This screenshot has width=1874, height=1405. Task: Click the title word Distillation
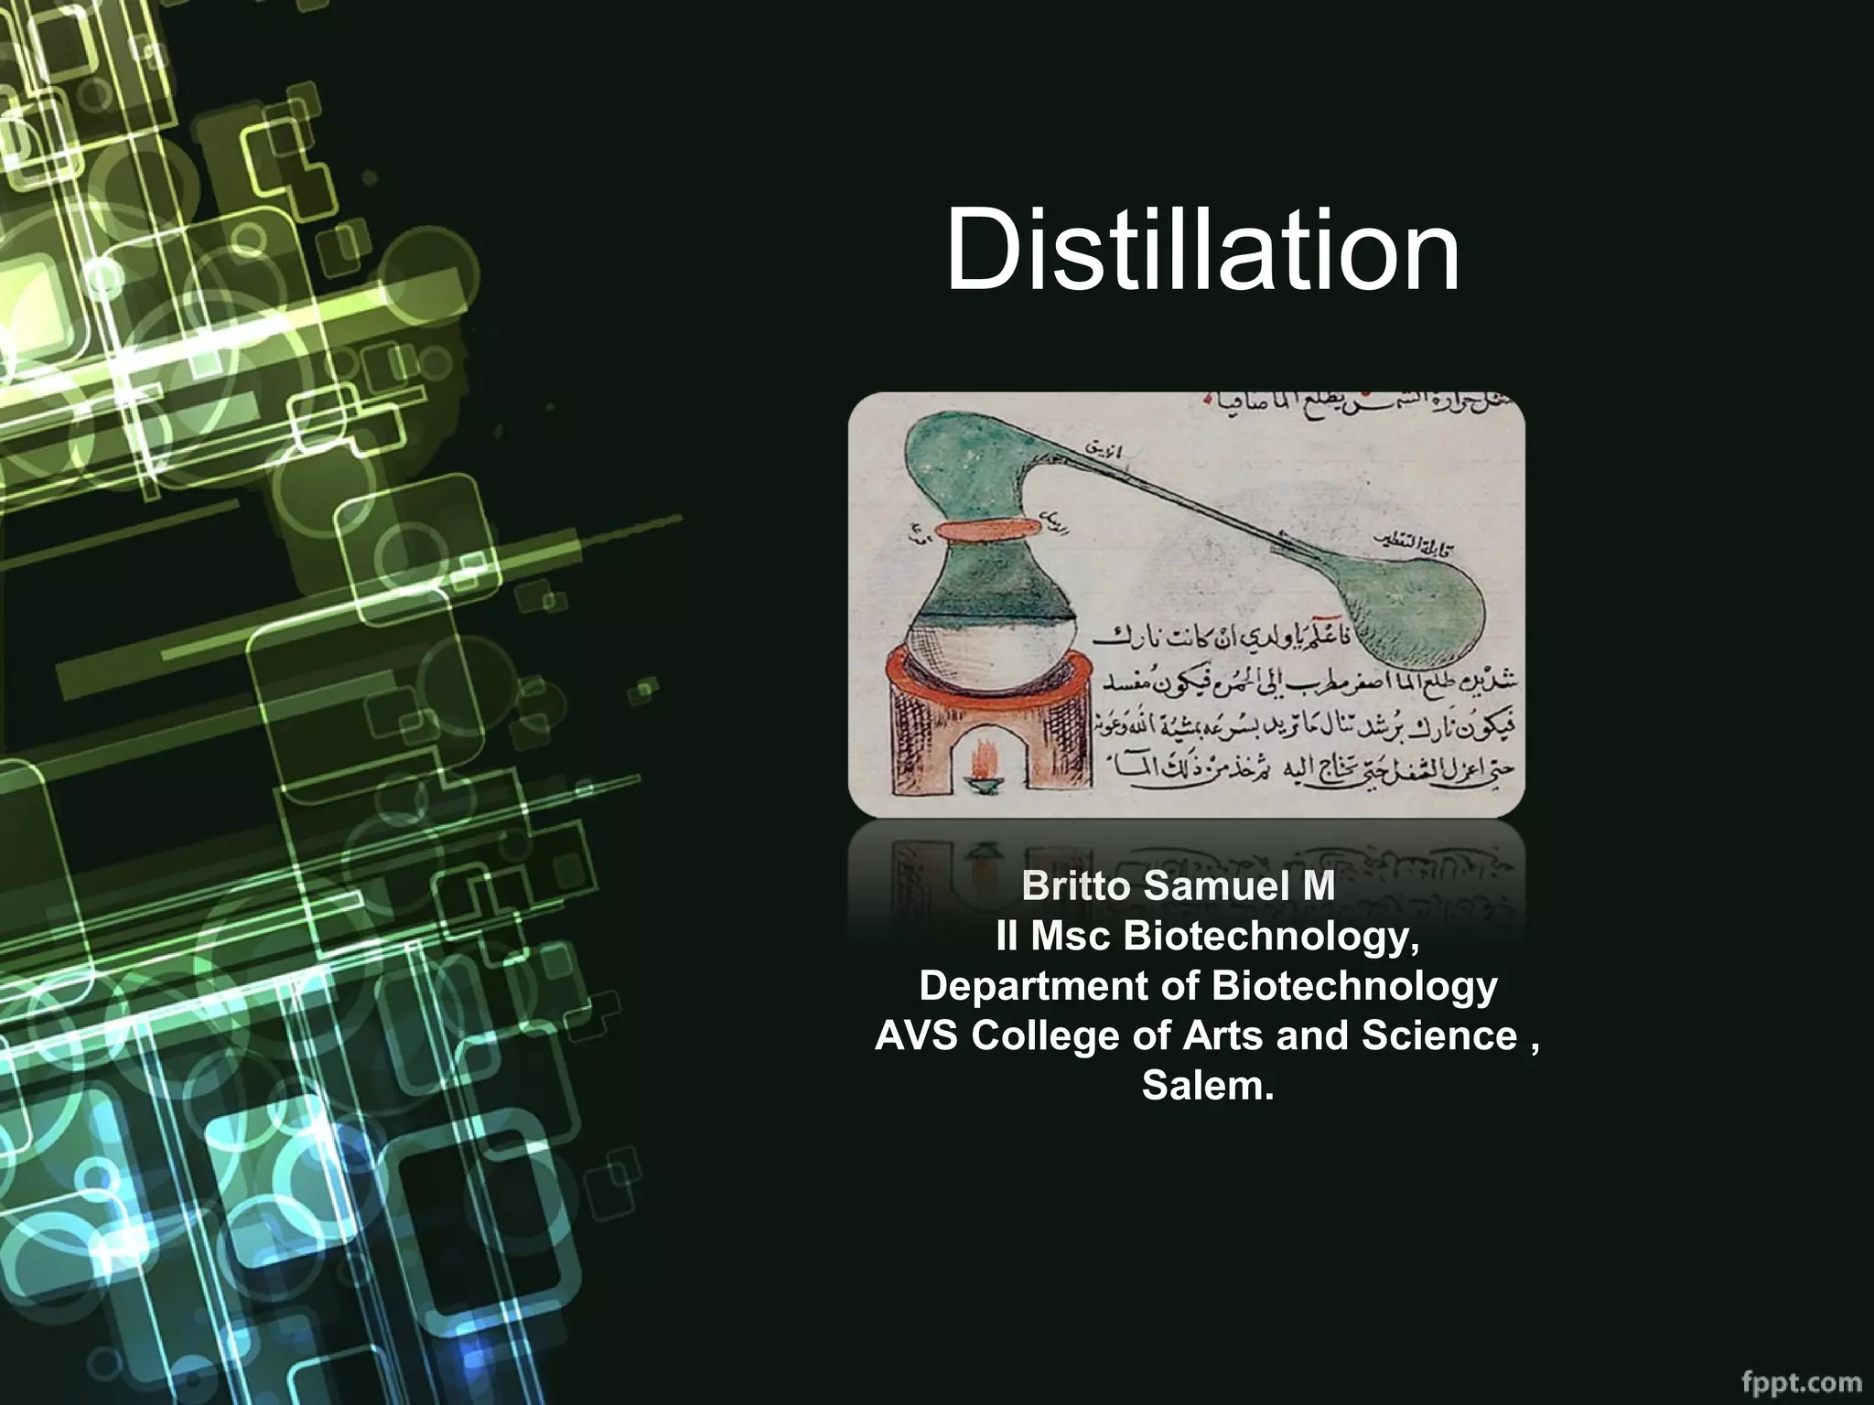tap(1201, 250)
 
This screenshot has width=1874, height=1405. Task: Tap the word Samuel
tap(1203, 886)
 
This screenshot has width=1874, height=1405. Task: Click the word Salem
tap(1207, 1086)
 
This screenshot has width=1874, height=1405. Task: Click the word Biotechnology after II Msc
tap(1271, 936)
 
